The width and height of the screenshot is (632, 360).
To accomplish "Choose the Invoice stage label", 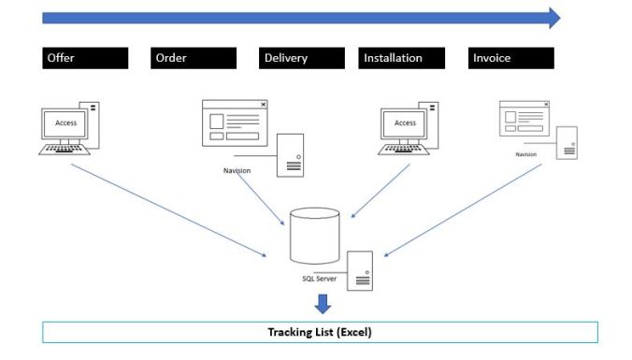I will [x=510, y=58].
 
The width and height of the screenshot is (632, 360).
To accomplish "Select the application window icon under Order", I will [x=235, y=122].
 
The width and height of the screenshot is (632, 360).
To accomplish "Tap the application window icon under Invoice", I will [x=526, y=120].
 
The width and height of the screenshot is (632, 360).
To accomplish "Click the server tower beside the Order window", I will [x=290, y=155].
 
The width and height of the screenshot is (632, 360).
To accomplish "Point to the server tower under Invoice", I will [x=567, y=143].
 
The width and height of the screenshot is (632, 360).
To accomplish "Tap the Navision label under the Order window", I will [x=237, y=170].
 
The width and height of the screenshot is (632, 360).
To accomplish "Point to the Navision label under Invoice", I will [x=526, y=154].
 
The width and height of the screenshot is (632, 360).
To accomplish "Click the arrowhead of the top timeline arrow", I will [x=553, y=18].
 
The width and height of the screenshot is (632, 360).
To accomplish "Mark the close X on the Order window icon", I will [x=263, y=105].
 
